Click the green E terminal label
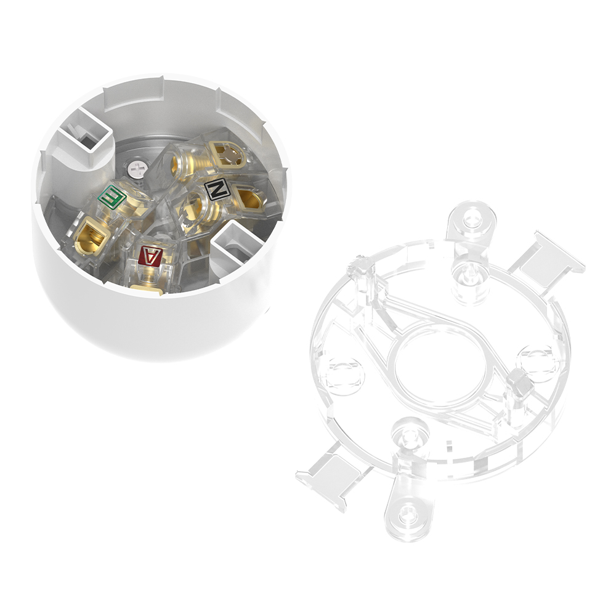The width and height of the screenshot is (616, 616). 112,198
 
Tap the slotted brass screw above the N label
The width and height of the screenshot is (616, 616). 230,155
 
